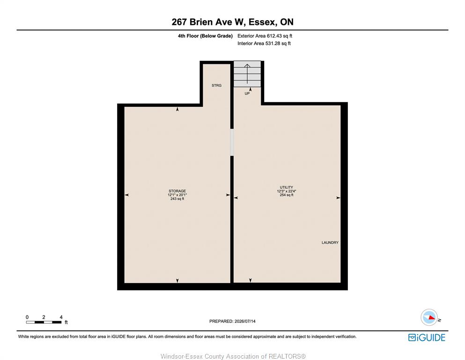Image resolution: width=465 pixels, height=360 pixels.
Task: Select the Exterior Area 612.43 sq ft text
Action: coord(265,36)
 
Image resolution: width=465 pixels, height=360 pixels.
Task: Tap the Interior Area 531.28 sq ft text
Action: coord(264,43)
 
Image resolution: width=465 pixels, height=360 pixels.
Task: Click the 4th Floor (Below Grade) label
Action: coord(205,36)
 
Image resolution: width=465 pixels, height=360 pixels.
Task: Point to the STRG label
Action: coord(216,85)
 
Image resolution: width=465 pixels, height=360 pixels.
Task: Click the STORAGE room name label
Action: coord(177,191)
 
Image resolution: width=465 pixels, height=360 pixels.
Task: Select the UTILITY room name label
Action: coord(287,187)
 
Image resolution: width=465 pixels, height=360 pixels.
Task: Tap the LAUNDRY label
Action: coord(330,242)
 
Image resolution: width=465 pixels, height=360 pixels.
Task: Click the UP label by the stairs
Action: coord(247,93)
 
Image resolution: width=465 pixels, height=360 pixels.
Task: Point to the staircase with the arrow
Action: coord(247,74)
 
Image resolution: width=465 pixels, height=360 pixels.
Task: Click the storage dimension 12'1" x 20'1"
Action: coord(177,195)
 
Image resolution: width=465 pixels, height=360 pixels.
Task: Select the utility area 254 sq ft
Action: coord(287,195)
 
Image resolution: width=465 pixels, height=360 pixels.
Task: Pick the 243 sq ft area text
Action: coord(177,199)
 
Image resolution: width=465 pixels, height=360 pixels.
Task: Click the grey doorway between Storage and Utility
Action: coord(232,142)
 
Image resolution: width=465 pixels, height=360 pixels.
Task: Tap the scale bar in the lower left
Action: coord(44,322)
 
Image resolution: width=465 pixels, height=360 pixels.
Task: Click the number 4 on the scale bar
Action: coord(61,317)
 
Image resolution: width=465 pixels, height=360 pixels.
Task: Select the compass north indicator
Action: coord(429,317)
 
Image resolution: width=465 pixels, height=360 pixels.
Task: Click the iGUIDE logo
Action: coord(427,338)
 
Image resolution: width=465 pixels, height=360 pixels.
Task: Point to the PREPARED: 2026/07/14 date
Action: coord(232,321)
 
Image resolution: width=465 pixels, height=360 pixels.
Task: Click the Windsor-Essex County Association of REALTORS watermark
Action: coord(233,356)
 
